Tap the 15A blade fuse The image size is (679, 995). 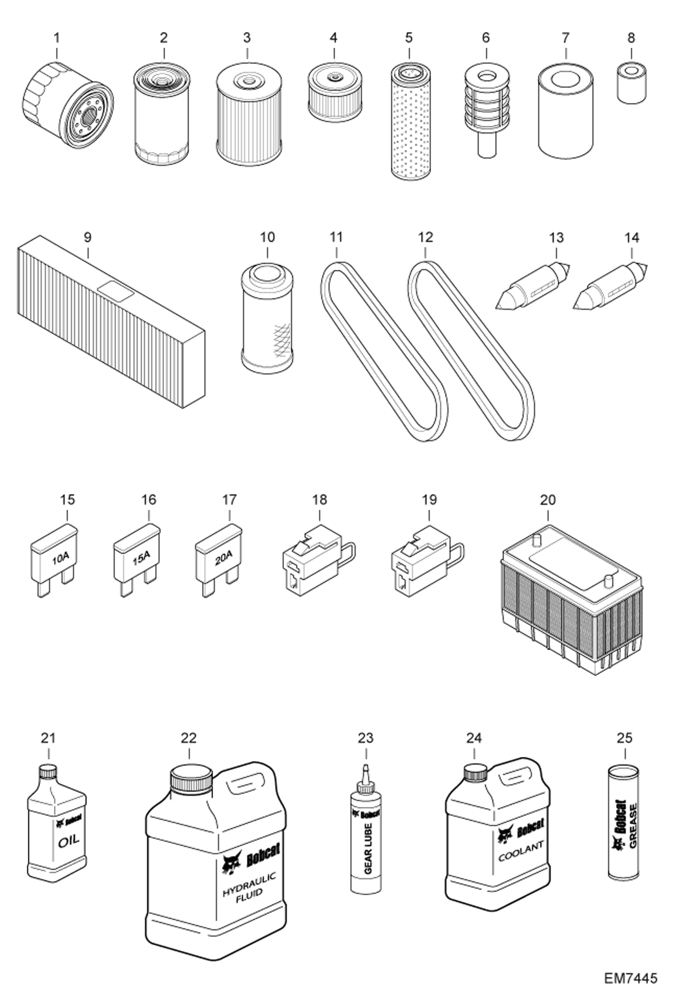[136, 560]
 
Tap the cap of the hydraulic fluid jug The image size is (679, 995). [191, 780]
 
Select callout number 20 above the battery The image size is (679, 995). [548, 500]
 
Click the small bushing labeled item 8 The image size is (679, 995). [631, 83]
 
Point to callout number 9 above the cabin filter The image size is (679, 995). [87, 237]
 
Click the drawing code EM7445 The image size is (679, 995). [630, 975]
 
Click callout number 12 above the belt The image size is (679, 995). [425, 237]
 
